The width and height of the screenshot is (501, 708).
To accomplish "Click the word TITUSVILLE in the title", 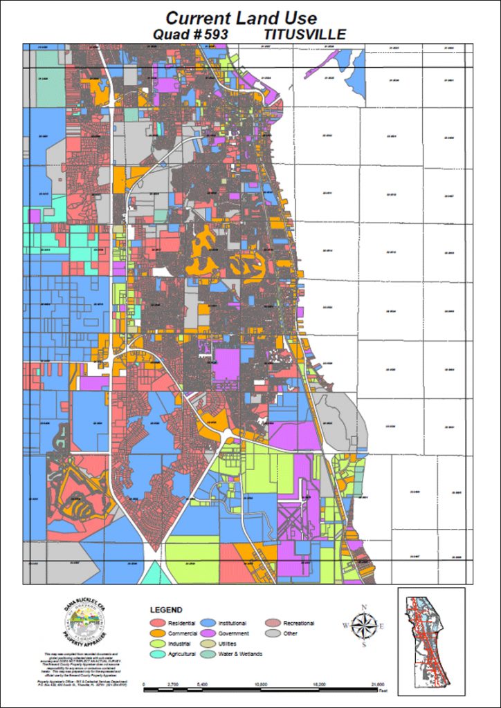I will (305, 34).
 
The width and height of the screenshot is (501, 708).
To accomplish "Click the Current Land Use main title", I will (242, 18).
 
